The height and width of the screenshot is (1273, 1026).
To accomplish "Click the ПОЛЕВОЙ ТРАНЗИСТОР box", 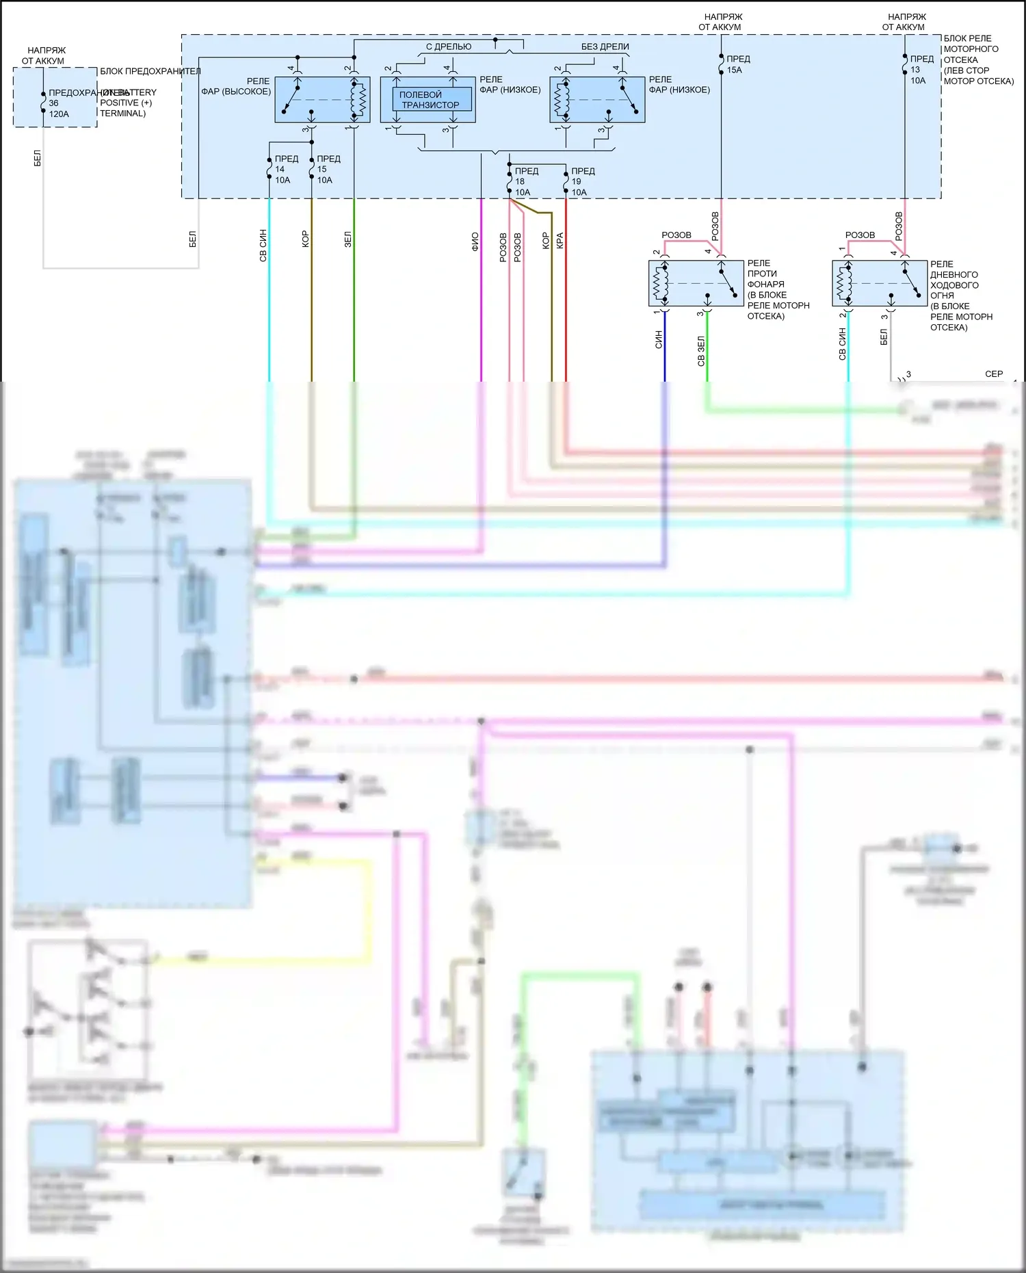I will click(x=431, y=100).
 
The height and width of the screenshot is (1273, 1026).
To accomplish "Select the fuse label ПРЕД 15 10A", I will click(x=328, y=169).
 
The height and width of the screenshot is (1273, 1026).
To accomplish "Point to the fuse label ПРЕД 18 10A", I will click(x=526, y=181).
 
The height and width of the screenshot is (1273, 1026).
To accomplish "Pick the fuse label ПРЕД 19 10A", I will click(x=583, y=181).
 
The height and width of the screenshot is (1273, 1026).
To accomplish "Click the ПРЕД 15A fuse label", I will click(x=738, y=64).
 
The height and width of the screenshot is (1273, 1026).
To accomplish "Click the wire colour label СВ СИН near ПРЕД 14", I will click(x=263, y=246).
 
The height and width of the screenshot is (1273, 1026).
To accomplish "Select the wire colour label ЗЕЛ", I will click(x=348, y=239).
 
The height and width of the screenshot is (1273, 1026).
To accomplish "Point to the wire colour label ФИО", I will click(x=475, y=241).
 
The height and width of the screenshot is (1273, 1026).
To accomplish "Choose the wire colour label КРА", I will click(x=560, y=240).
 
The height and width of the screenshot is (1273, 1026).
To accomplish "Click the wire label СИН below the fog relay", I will click(x=659, y=339).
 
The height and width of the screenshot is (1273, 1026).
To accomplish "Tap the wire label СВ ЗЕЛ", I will click(x=701, y=351).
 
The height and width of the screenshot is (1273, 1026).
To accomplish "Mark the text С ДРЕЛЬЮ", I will click(x=449, y=47).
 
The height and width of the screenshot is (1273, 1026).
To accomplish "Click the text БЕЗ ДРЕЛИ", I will click(x=605, y=47).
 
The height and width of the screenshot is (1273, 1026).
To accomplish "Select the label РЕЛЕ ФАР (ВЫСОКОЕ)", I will click(x=236, y=86).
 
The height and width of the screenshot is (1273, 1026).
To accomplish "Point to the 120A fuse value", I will click(x=59, y=114).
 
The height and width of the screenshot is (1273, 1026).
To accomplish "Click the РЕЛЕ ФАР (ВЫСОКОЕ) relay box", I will click(x=322, y=99).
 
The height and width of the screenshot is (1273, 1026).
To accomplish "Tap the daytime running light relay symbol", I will click(x=879, y=283).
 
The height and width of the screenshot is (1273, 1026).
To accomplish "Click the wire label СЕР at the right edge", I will click(x=993, y=374).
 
